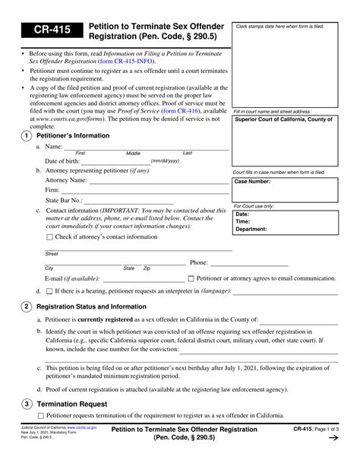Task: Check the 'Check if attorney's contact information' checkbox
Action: click(50, 237)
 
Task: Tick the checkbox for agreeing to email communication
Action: click(191, 278)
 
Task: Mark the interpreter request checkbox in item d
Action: click(49, 291)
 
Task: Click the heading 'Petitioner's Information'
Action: click(74, 135)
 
